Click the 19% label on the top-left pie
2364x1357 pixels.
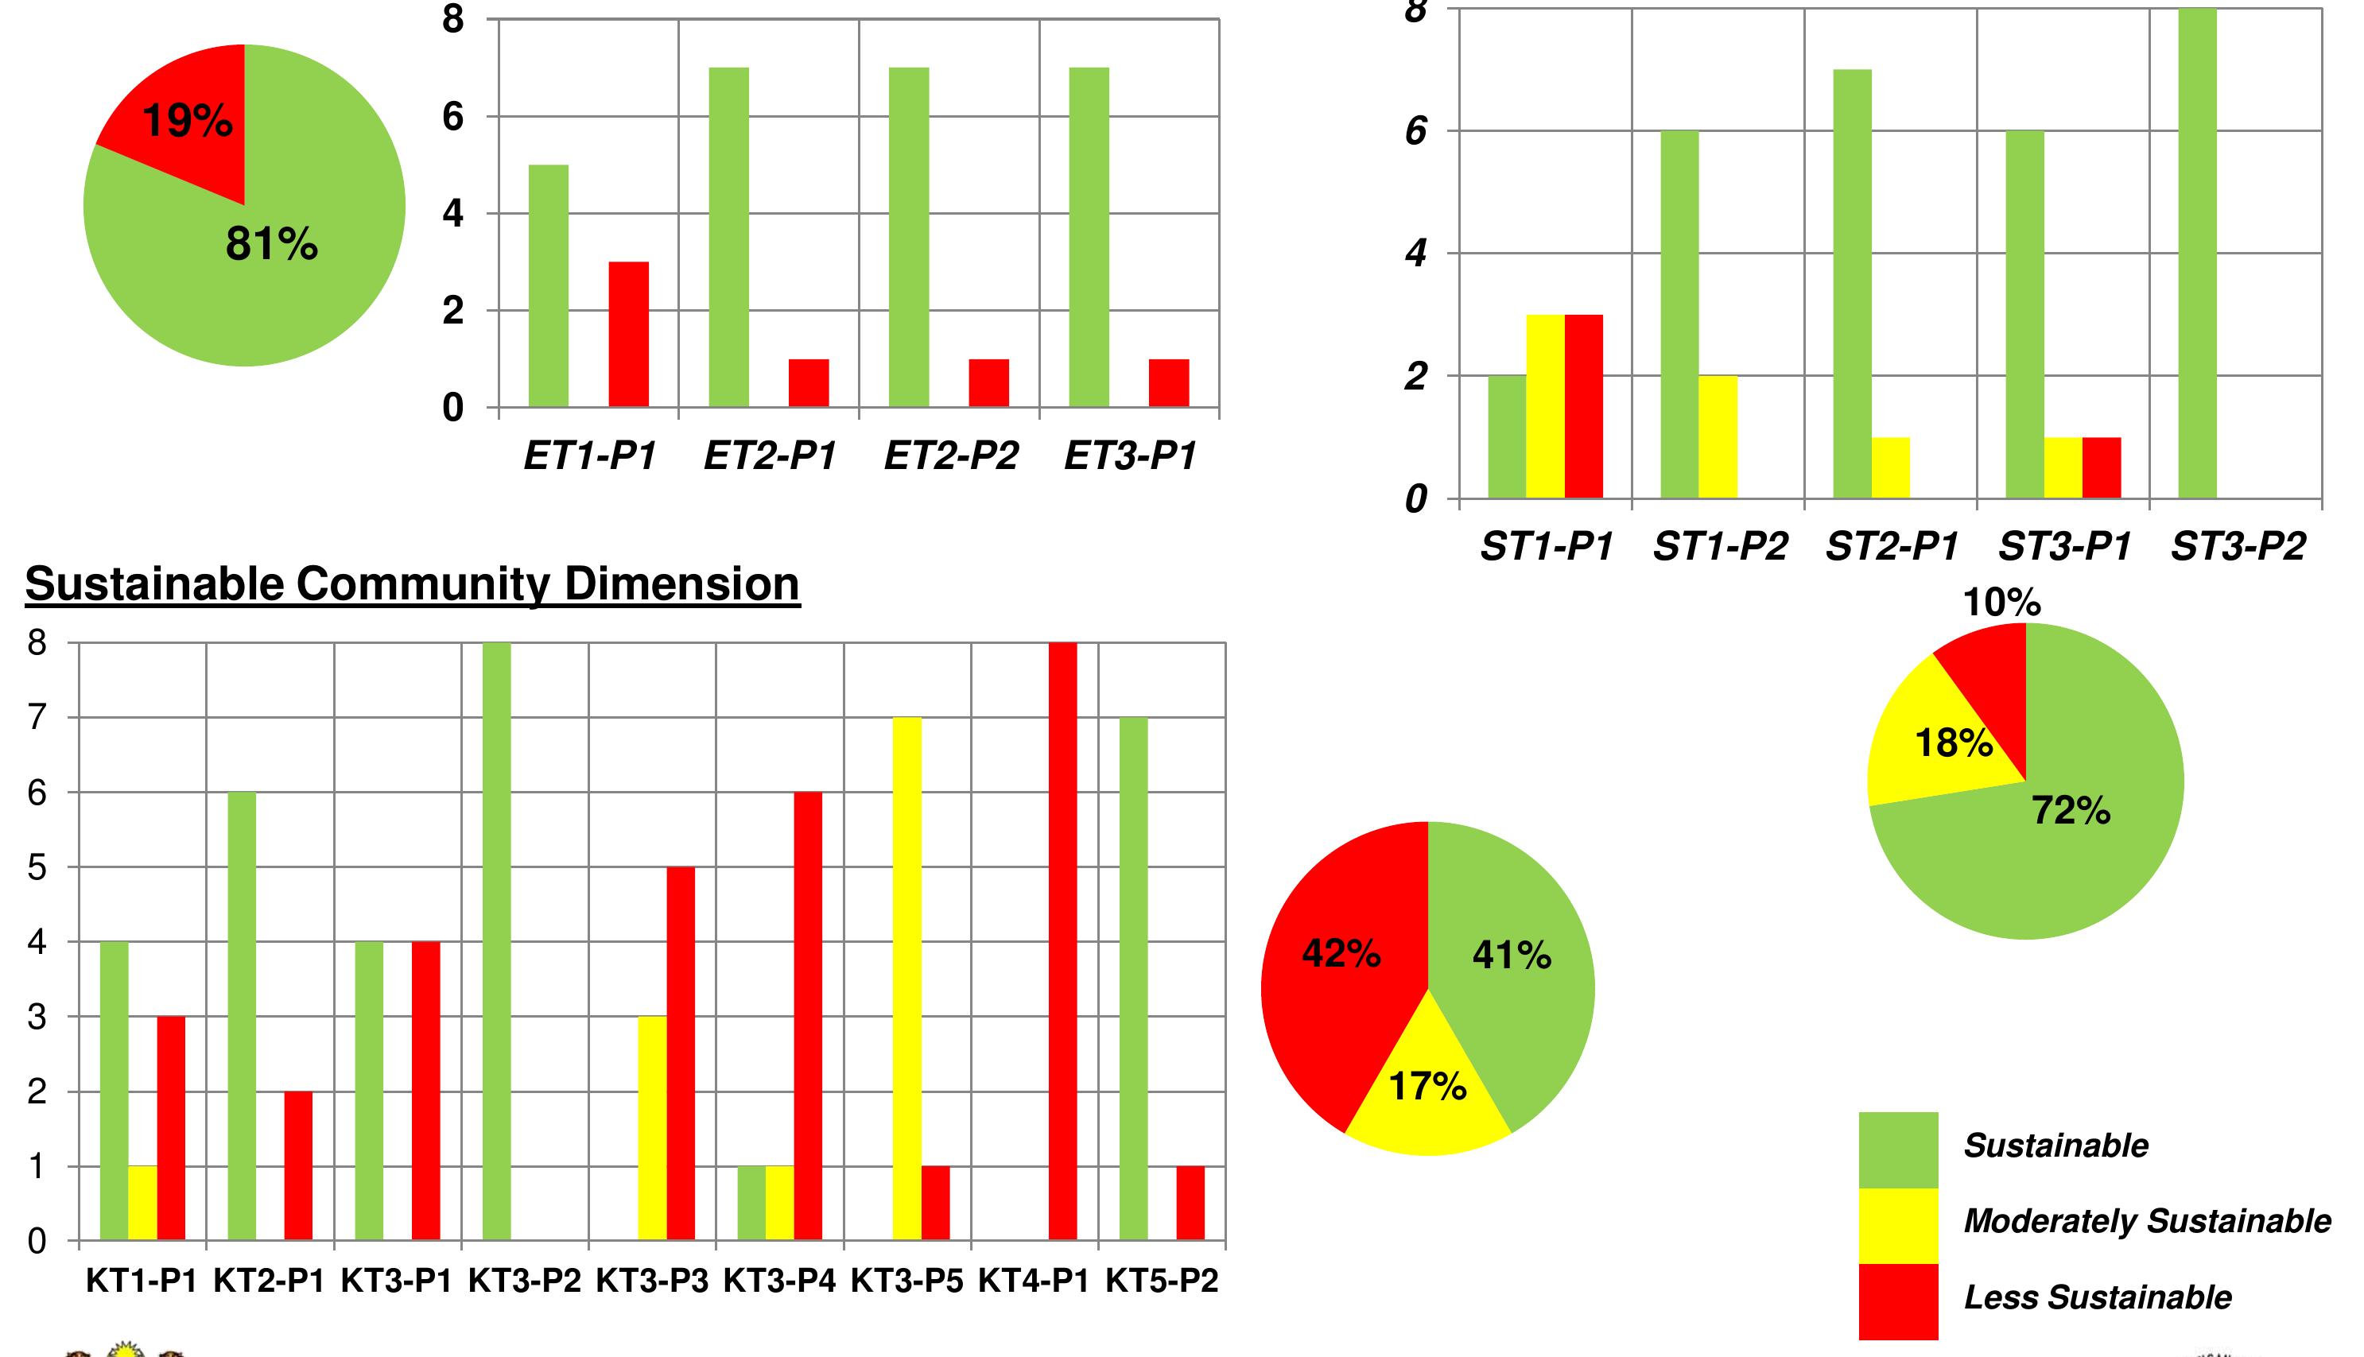[188, 121]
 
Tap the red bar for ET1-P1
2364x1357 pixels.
[628, 335]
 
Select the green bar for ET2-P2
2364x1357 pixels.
[909, 237]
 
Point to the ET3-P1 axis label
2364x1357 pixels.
[1130, 456]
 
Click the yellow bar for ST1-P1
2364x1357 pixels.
[1545, 406]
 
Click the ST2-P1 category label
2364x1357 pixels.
[1892, 546]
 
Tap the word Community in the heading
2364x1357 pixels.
[424, 584]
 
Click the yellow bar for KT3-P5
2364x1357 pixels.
[907, 979]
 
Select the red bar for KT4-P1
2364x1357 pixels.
[1062, 941]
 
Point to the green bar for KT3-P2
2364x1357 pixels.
[497, 941]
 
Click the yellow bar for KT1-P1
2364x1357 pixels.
[142, 1202]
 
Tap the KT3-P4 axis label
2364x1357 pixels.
[779, 1281]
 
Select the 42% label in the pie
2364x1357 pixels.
[1341, 953]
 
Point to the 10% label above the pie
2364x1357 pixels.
[2001, 603]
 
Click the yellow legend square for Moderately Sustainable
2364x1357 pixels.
[1898, 1225]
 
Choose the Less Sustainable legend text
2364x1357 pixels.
[2098, 1297]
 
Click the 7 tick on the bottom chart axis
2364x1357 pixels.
[37, 718]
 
